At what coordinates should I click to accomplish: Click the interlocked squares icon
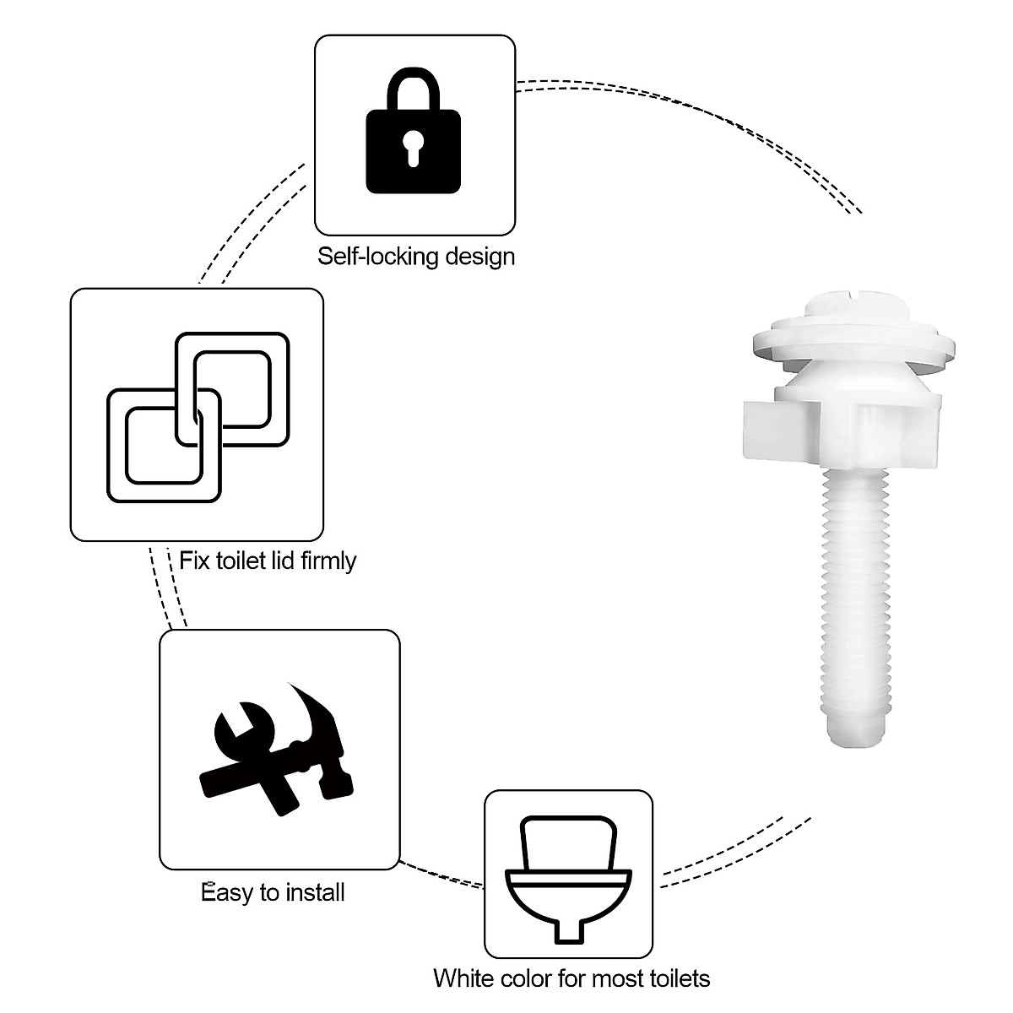point(198,414)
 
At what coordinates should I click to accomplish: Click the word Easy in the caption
point(227,892)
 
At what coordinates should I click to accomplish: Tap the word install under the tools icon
point(311,892)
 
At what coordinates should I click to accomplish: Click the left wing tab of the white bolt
point(768,428)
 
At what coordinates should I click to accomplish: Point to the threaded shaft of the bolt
point(854,591)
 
